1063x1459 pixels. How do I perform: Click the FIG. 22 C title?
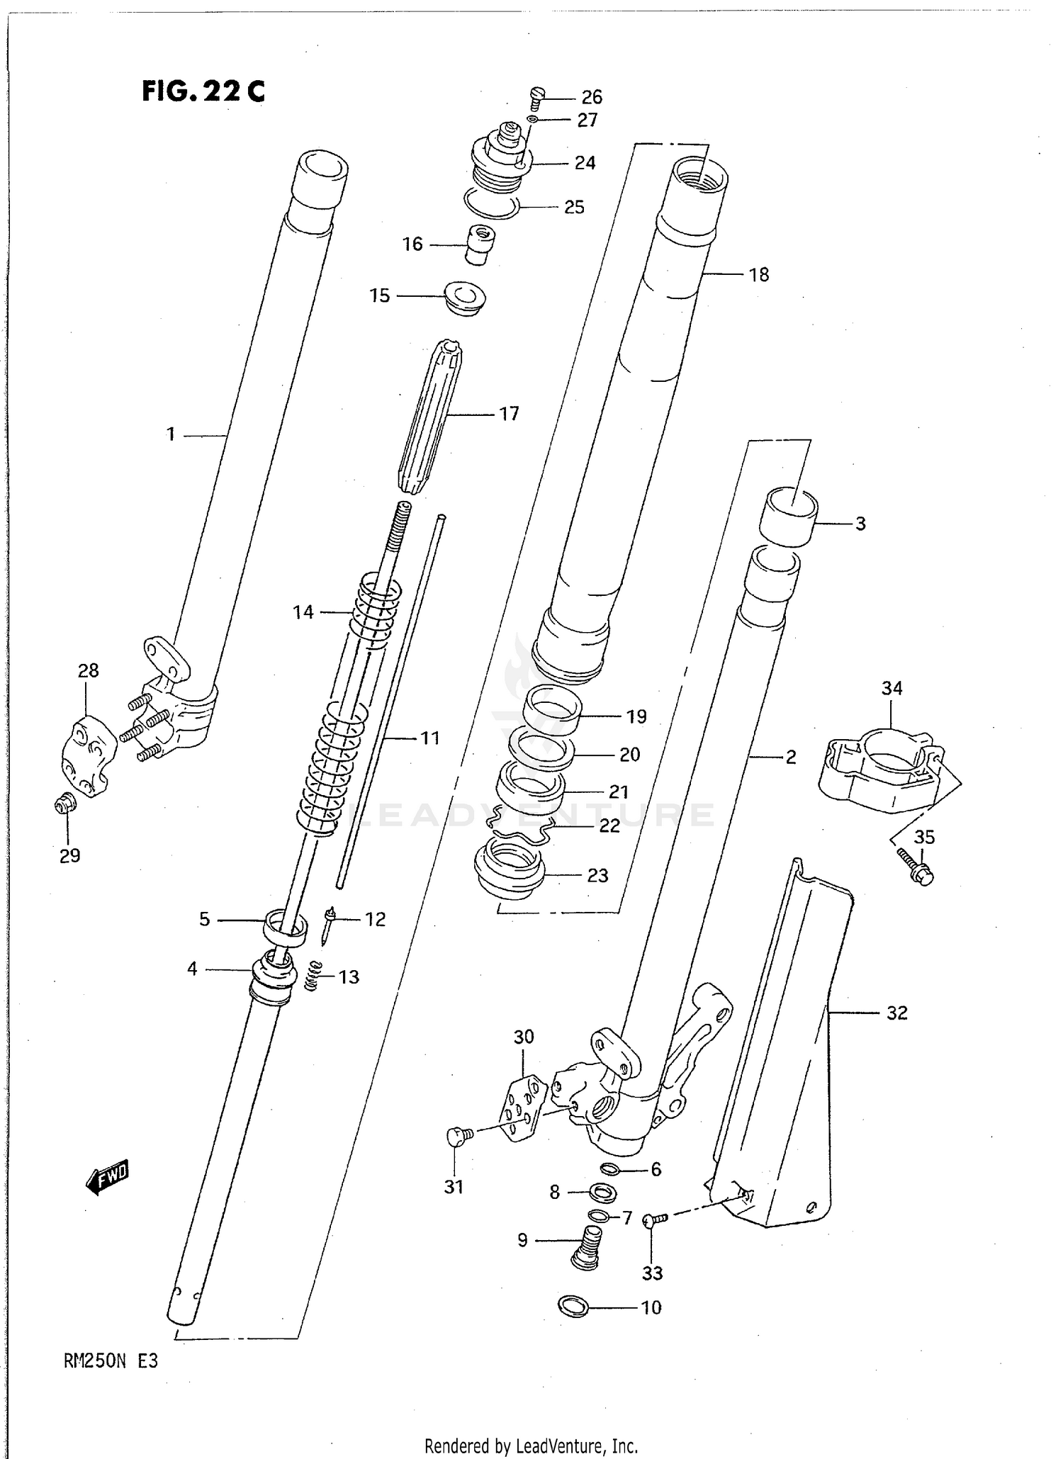(x=203, y=91)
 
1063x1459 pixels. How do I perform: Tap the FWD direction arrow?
(x=107, y=1177)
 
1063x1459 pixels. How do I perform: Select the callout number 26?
(x=592, y=97)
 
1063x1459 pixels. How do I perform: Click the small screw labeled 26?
(x=536, y=96)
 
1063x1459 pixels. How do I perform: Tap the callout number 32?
(x=897, y=1013)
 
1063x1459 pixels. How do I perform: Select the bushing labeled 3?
(x=788, y=518)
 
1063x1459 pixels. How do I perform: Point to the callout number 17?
(x=509, y=413)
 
